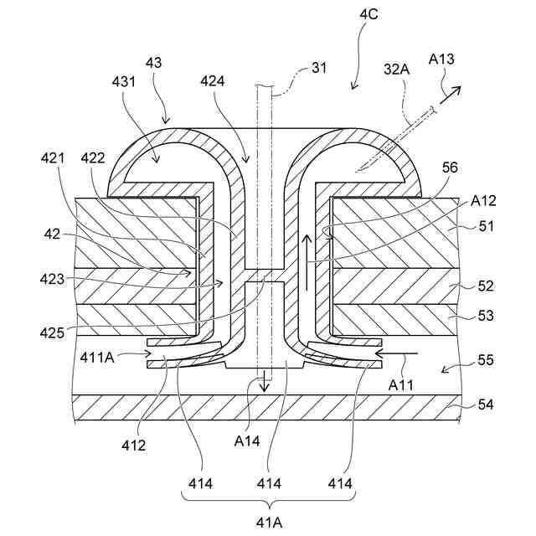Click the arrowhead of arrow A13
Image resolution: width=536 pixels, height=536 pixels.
point(456,87)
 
